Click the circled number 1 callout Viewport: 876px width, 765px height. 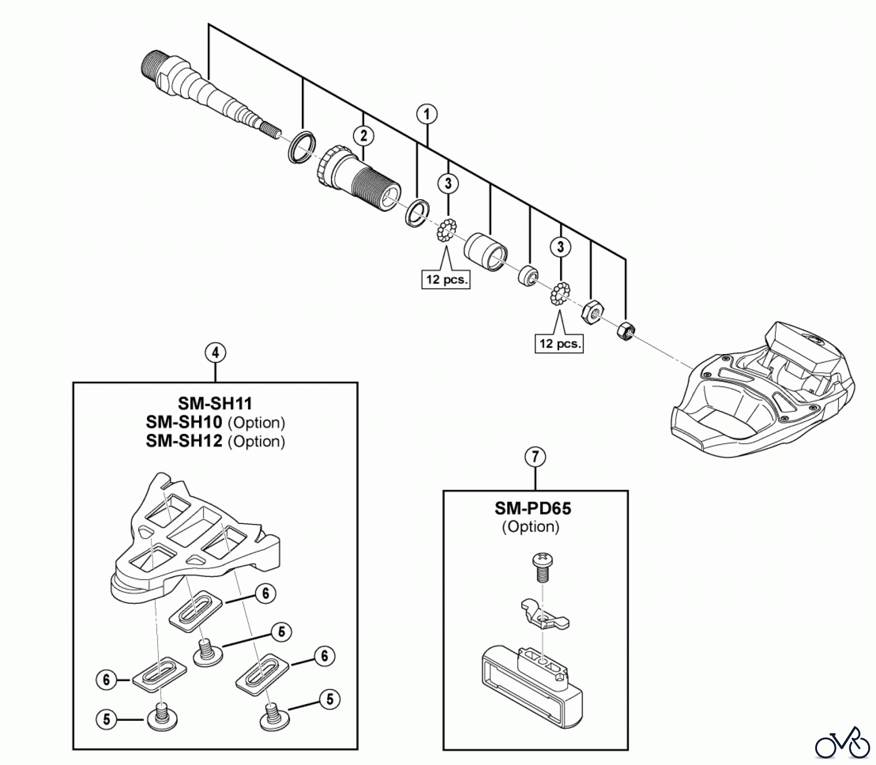(427, 114)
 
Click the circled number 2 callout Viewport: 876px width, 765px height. (364, 136)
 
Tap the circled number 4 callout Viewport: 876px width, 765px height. (215, 352)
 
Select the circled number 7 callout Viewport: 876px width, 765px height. (535, 457)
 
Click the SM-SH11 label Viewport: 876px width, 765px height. (215, 403)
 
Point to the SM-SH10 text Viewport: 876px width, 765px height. (184, 422)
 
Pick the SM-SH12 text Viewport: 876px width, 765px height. (184, 441)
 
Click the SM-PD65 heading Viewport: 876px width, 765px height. (533, 508)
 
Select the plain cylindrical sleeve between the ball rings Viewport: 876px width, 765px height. (486, 252)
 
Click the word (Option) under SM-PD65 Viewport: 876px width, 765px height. (530, 527)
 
